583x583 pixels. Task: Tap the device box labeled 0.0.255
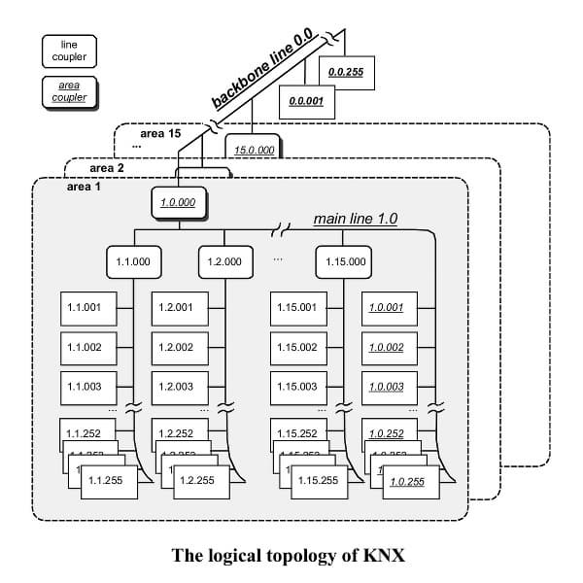click(345, 72)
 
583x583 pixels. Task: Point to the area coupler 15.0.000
click(254, 150)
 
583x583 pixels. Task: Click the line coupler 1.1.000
click(133, 261)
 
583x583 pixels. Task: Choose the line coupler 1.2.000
click(225, 261)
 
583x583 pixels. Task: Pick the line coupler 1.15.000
click(345, 261)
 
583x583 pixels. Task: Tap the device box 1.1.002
click(87, 347)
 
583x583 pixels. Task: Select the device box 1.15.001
click(297, 308)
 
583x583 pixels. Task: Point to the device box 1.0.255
click(410, 480)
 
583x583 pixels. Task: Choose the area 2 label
click(106, 167)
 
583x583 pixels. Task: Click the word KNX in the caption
click(383, 556)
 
